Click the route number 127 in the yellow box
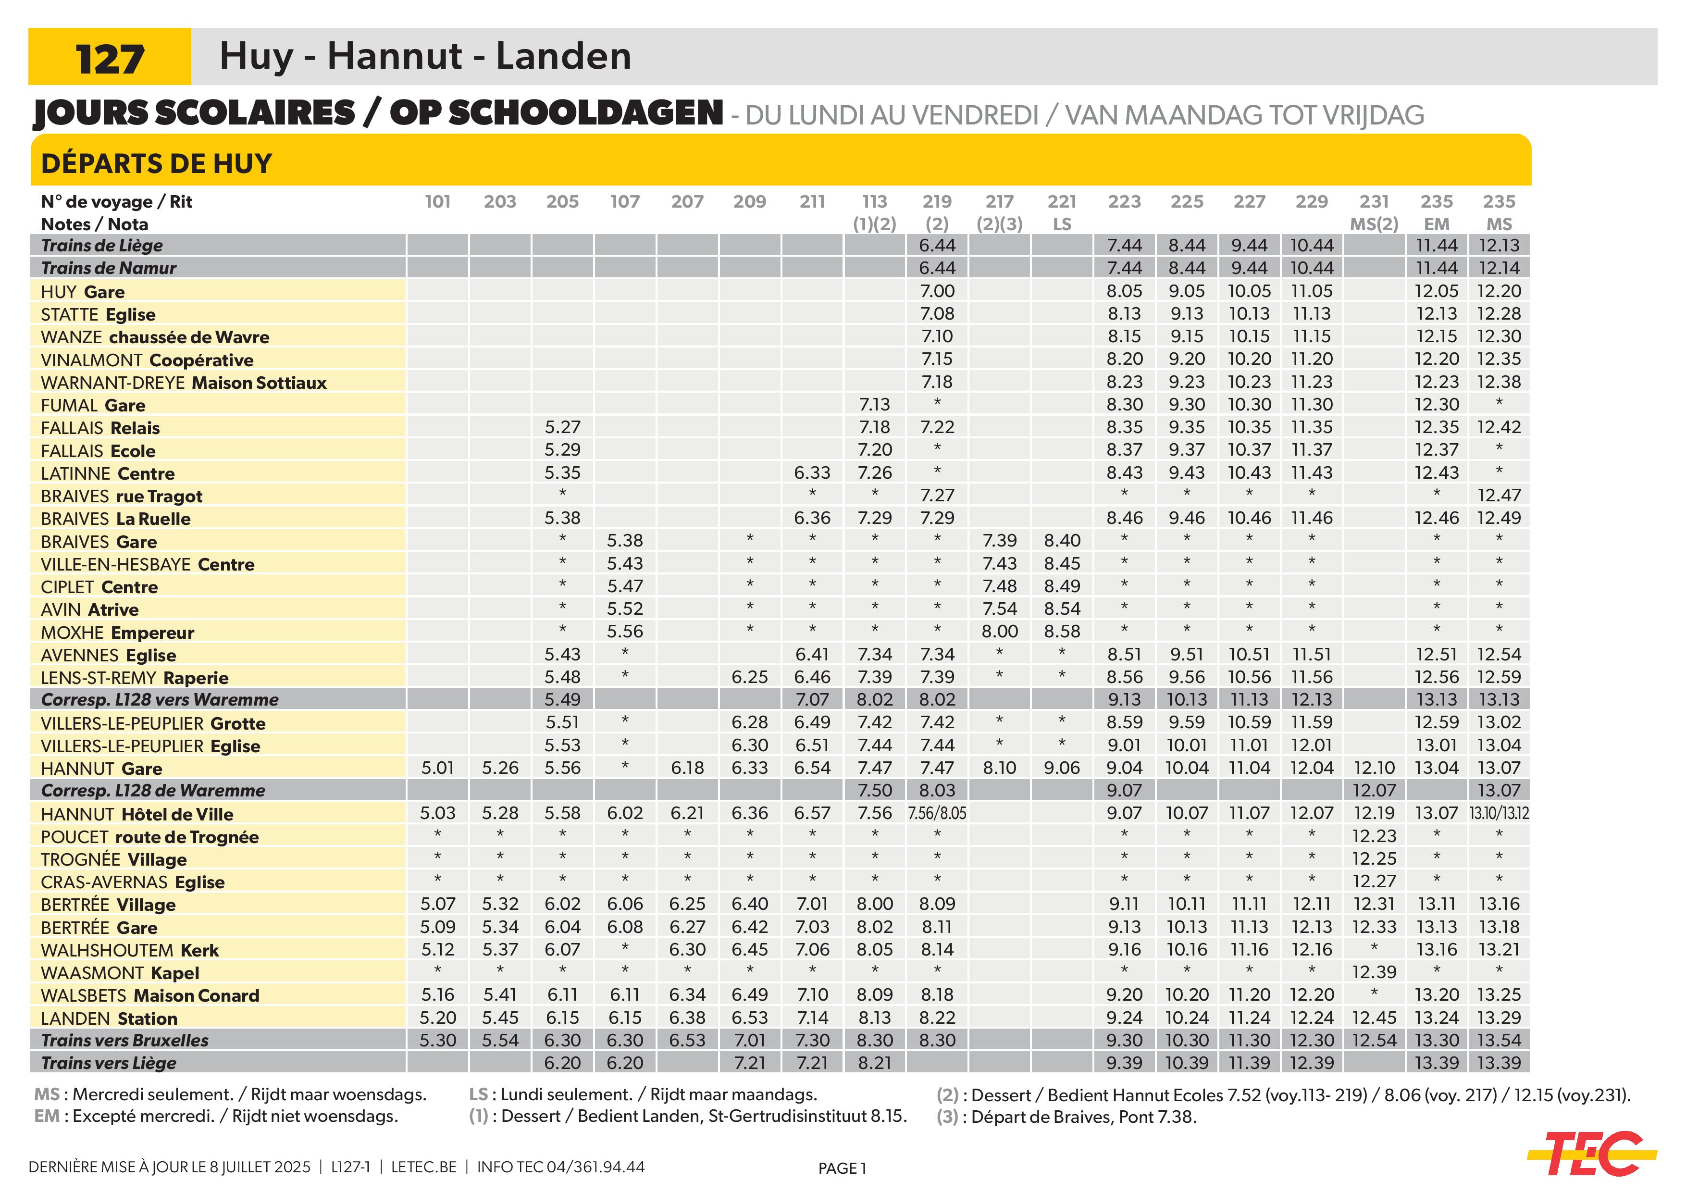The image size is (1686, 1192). [110, 59]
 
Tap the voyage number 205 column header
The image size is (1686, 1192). [562, 202]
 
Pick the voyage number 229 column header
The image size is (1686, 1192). [1312, 202]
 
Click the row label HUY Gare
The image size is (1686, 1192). [83, 292]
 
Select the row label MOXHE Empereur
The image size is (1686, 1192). [117, 633]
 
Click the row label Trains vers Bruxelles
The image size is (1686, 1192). [125, 1041]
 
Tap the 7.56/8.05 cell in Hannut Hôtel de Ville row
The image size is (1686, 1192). [937, 814]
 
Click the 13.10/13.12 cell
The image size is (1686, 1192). [1499, 814]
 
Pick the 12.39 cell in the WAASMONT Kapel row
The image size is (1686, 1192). [1374, 972]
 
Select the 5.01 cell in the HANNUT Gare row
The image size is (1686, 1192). [438, 768]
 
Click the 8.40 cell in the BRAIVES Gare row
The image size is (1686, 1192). [1062, 541]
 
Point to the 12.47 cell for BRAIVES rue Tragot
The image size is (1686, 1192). [1499, 496]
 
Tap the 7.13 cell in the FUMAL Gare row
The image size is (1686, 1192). [875, 405]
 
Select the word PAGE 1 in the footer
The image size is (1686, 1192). [842, 1168]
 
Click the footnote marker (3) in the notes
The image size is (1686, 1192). [948, 1117]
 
